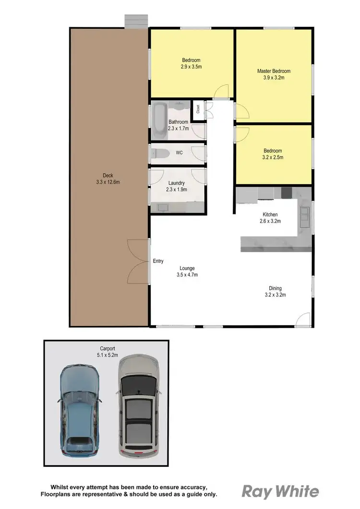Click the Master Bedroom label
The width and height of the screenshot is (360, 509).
coord(274,71)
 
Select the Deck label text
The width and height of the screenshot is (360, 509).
coord(108,175)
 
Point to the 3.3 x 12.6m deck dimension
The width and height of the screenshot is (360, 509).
coord(108,182)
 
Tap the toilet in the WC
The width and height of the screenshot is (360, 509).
coord(159,154)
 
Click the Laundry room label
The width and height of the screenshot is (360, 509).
coord(177,183)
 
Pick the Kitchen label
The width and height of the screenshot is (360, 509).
coord(270,214)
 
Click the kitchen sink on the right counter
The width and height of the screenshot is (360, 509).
coord(304,215)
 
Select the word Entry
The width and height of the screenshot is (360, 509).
coord(158,261)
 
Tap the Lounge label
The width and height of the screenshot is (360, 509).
coord(187,268)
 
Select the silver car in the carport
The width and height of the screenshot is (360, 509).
coord(138,405)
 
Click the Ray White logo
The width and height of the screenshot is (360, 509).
coord(280,491)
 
